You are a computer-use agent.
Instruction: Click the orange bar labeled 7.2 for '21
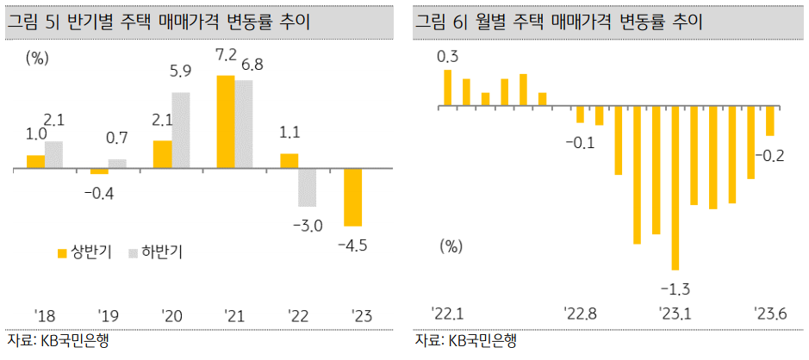(x=225, y=121)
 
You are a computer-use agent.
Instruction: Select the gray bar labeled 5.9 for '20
(x=180, y=130)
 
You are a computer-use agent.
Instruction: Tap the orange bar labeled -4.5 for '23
(x=352, y=197)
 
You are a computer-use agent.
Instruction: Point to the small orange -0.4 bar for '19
(x=99, y=171)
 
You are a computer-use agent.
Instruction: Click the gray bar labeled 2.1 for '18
(x=53, y=155)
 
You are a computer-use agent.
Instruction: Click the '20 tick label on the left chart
(x=171, y=315)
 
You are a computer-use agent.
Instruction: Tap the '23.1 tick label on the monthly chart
(x=675, y=311)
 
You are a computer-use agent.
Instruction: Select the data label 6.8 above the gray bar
(x=252, y=65)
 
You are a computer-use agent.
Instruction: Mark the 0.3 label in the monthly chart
(x=448, y=57)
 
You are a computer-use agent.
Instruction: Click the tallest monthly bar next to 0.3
(x=448, y=89)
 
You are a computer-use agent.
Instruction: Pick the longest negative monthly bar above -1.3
(x=675, y=188)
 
